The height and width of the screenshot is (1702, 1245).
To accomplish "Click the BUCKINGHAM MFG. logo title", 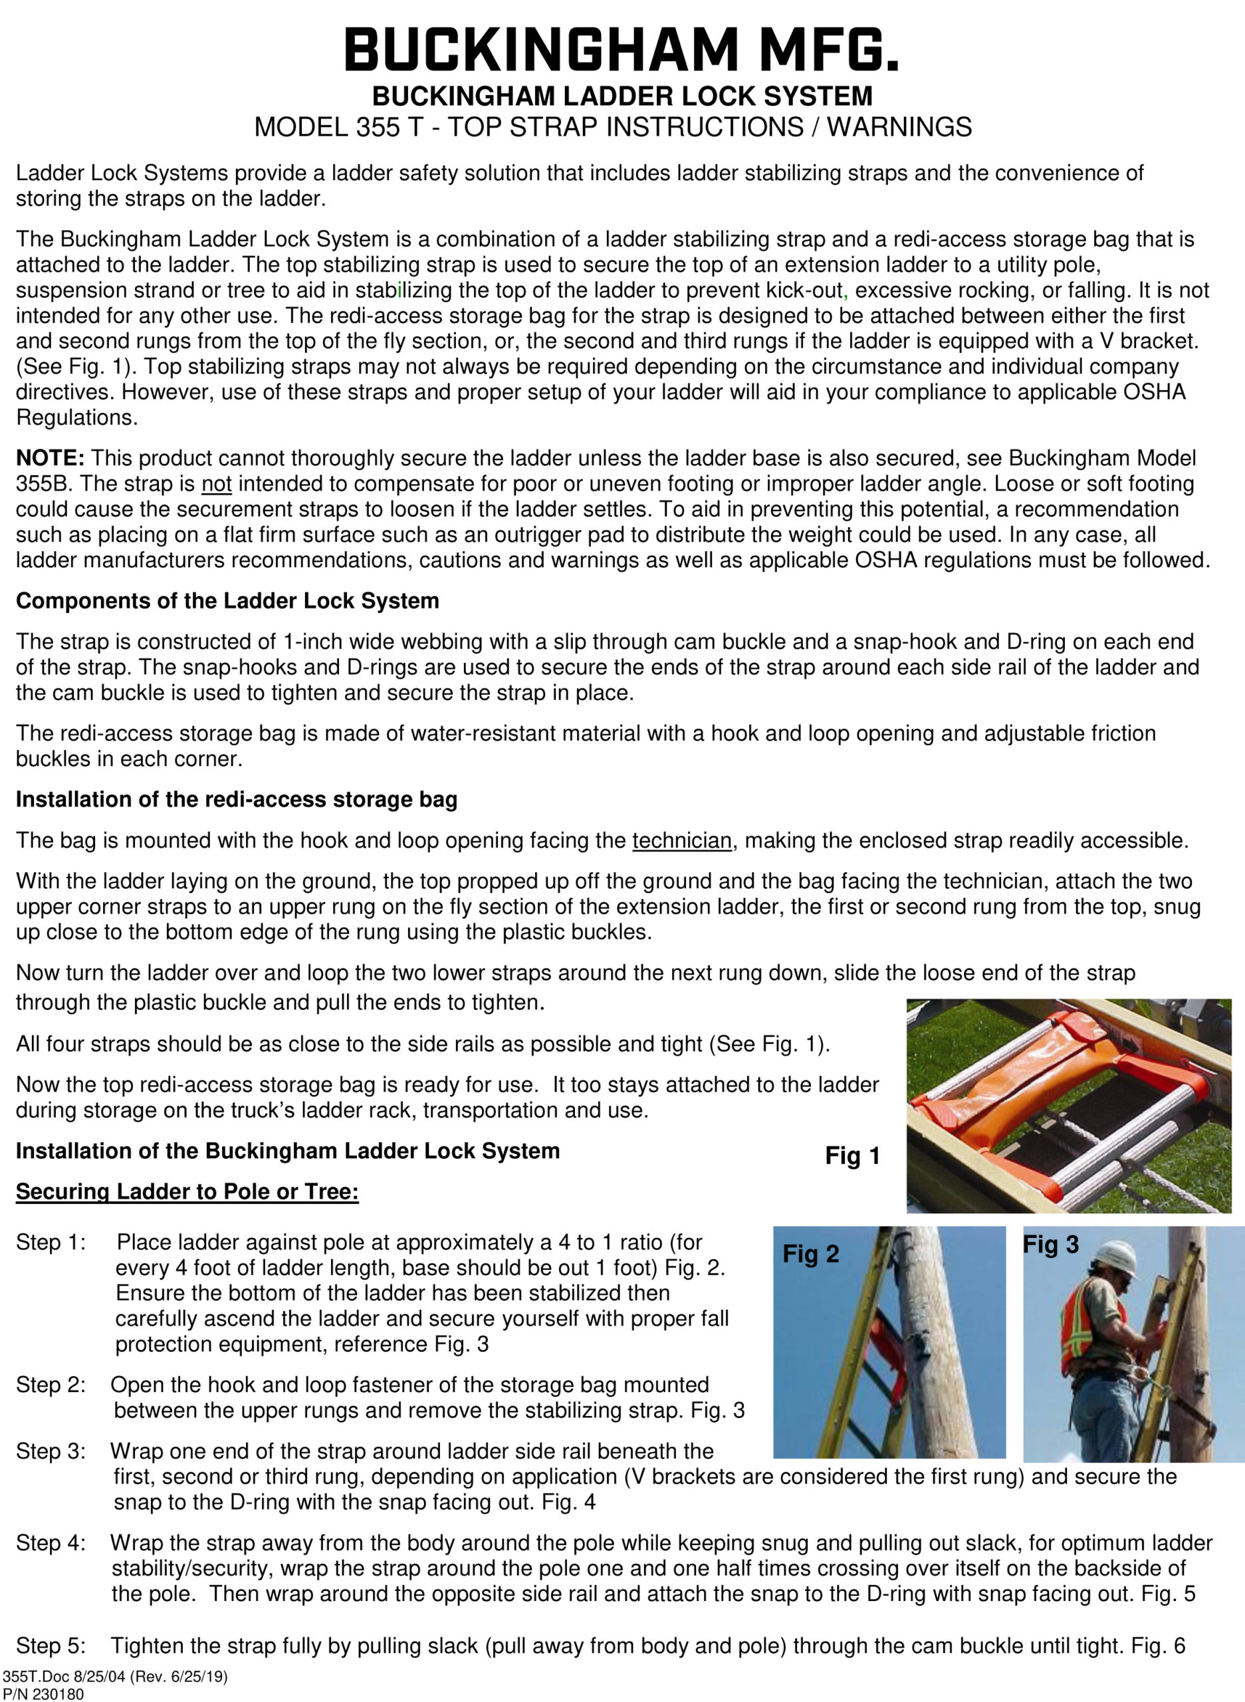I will point(622,50).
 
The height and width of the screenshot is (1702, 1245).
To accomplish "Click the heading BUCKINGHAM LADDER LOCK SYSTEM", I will point(622,96).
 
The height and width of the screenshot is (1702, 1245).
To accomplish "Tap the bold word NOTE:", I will point(50,457).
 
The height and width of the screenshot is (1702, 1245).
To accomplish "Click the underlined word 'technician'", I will point(681,840).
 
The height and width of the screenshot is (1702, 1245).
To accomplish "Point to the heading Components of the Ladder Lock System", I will point(227,601).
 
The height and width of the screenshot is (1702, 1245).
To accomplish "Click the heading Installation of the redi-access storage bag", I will point(236,799).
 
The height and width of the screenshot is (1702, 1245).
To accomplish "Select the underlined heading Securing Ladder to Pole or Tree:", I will point(187,1191).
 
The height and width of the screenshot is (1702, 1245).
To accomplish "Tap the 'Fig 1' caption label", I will point(852,1155).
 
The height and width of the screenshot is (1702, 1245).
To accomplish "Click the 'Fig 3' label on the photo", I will point(1050,1245).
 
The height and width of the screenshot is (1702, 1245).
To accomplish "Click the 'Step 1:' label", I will point(51,1242).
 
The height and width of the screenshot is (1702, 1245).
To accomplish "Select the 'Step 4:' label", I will point(51,1543).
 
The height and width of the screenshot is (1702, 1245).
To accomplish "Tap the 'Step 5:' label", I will point(51,1645).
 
